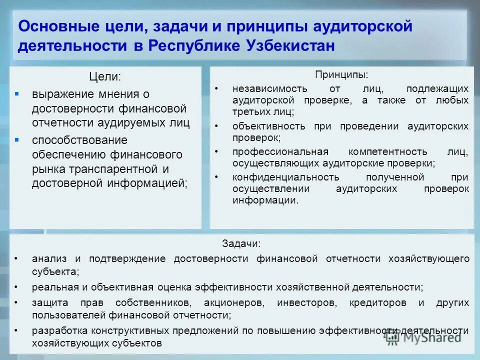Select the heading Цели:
coord(105,76)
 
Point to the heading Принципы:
coord(341,74)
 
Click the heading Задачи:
coord(241,244)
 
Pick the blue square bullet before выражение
coord(16,93)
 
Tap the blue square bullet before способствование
coord(16,139)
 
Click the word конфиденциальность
coord(285,177)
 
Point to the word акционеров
coord(232,303)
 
